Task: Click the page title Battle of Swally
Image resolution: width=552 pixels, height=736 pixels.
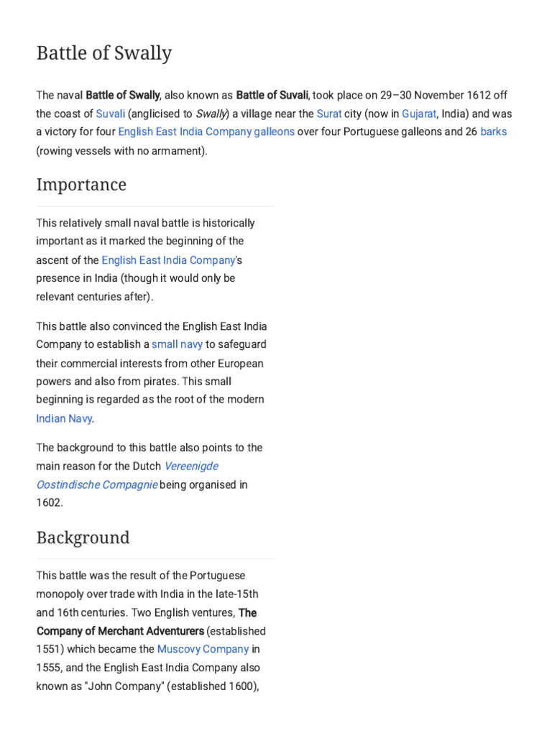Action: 104,53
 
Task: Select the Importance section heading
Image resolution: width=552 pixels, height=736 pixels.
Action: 81,185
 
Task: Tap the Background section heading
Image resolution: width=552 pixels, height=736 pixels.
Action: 83,538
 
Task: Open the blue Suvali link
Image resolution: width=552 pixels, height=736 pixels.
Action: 110,114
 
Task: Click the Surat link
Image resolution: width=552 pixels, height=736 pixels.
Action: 329,114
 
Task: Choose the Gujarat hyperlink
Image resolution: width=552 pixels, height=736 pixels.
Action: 419,114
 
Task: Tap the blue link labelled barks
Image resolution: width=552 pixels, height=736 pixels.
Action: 494,132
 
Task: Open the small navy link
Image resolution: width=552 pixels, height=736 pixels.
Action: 177,344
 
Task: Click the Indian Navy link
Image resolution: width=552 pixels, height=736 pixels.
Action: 64,418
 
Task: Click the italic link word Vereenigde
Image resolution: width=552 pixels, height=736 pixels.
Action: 191,466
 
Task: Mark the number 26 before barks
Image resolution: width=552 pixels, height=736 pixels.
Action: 471,132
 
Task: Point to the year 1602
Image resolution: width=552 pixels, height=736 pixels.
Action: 49,503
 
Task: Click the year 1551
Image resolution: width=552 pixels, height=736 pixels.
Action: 49,649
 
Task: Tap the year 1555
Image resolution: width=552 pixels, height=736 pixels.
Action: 49,668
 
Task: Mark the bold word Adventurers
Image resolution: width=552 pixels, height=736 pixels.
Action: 163,631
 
